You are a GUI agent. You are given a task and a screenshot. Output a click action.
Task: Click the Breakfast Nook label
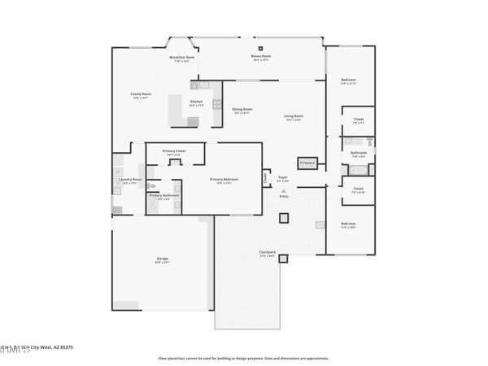[182, 58]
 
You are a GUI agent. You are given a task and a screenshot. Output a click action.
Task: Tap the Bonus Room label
[261, 57]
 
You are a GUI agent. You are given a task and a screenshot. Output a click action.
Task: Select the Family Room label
[141, 94]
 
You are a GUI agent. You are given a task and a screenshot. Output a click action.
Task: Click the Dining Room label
[242, 110]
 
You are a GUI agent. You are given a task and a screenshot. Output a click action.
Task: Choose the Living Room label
[293, 116]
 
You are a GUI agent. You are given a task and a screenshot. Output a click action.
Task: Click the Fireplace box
[307, 163]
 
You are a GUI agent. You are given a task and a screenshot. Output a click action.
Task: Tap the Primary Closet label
[174, 151]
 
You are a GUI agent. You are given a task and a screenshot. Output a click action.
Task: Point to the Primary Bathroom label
[163, 196]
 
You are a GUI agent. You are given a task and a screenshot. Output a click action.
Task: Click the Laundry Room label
[132, 181]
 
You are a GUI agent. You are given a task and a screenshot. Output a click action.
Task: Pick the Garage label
[163, 259]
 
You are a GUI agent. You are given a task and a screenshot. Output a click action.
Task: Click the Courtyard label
[267, 254]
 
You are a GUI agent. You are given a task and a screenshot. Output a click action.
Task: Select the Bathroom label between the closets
[359, 153]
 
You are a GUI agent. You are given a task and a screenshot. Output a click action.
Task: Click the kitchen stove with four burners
[216, 103]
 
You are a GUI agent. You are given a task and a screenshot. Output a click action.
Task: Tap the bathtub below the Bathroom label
[358, 171]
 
